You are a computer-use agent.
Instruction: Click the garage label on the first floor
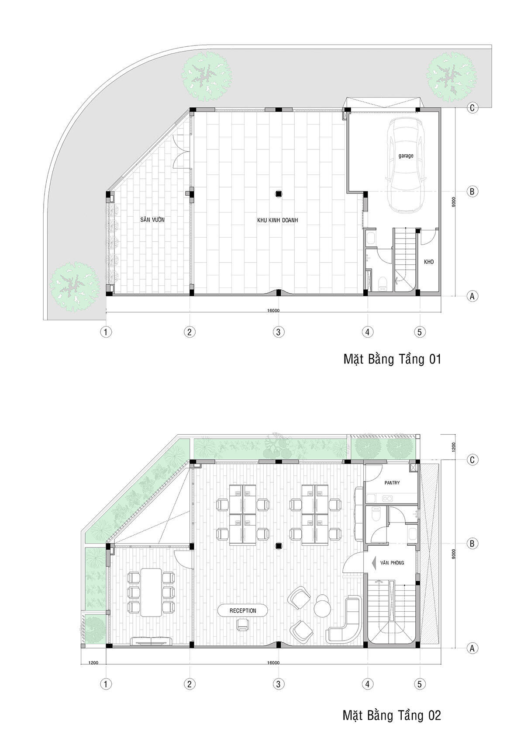point(406,155)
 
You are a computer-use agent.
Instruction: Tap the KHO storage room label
point(429,262)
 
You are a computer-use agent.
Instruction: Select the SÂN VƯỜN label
point(152,219)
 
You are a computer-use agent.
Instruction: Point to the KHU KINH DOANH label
point(277,220)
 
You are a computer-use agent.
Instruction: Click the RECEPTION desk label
point(243,610)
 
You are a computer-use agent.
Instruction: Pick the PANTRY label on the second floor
point(392,482)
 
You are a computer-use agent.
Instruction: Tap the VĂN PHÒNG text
point(393,563)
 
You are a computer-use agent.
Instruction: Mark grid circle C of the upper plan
point(472,108)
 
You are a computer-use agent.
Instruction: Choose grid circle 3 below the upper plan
point(279,332)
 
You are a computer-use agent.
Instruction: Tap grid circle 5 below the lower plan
point(420,684)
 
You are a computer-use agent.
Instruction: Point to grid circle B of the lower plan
point(472,544)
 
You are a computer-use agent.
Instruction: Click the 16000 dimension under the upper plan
point(273,311)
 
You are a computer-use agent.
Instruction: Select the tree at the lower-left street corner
point(74,287)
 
